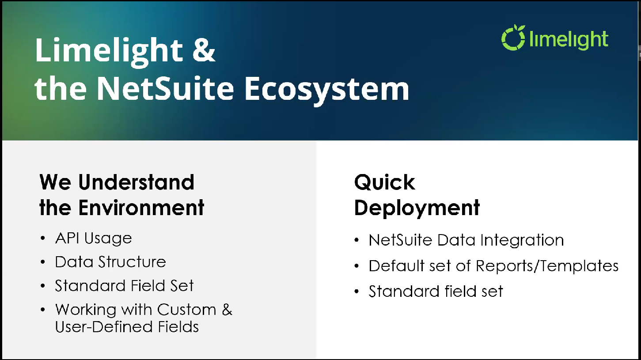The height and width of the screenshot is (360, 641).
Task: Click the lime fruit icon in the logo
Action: [x=513, y=38]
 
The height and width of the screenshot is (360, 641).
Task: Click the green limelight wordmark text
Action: [x=569, y=40]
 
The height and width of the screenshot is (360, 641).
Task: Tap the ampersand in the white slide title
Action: [x=204, y=50]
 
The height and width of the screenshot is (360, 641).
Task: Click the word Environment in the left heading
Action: [x=141, y=208]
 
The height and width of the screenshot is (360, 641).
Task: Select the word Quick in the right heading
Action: [x=385, y=182]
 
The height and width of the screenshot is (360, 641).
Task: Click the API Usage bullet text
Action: [x=93, y=239]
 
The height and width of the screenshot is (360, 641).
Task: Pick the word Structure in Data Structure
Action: [x=132, y=261]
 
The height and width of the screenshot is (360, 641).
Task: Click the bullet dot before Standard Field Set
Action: [x=43, y=286]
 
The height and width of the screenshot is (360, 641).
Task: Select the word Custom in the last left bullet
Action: [x=186, y=309]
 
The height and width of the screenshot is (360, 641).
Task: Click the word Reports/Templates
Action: [x=547, y=266]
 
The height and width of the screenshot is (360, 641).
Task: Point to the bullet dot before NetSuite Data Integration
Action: [x=357, y=240]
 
